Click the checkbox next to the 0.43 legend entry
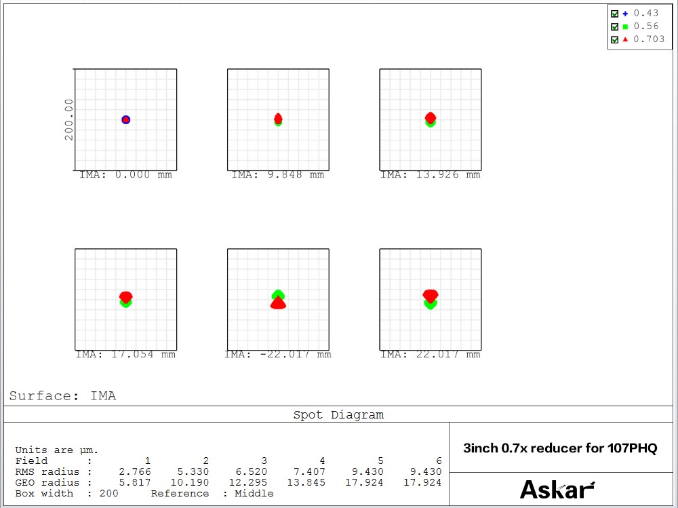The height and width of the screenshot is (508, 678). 614,14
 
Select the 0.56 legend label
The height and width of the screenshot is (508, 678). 646,26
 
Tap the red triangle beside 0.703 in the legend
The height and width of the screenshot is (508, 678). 624,39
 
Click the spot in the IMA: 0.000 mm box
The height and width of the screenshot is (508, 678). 125,119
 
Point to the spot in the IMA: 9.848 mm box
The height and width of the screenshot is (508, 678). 278,119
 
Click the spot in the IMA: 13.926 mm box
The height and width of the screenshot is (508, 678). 430,119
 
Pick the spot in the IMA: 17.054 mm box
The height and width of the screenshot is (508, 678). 125,298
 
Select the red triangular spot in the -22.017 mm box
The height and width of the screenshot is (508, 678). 278,304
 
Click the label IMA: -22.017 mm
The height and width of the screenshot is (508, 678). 278,354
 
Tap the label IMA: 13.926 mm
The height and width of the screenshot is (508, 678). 430,175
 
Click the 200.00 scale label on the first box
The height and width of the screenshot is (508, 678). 68,119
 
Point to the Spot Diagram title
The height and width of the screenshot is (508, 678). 338,415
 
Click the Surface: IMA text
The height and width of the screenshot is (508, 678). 62,396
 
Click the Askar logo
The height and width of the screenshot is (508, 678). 557,490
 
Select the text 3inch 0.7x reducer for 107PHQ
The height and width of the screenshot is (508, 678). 560,448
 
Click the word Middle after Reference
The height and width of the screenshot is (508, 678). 254,493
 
